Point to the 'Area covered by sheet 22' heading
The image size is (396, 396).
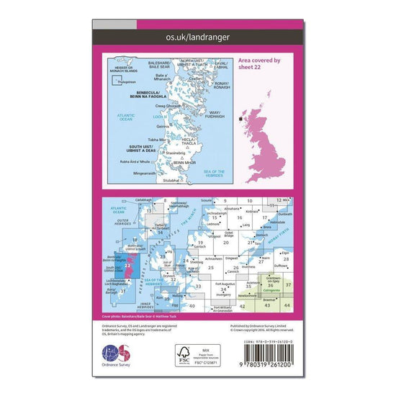click(260, 66)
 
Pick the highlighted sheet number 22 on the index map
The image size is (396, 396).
click(127, 266)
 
